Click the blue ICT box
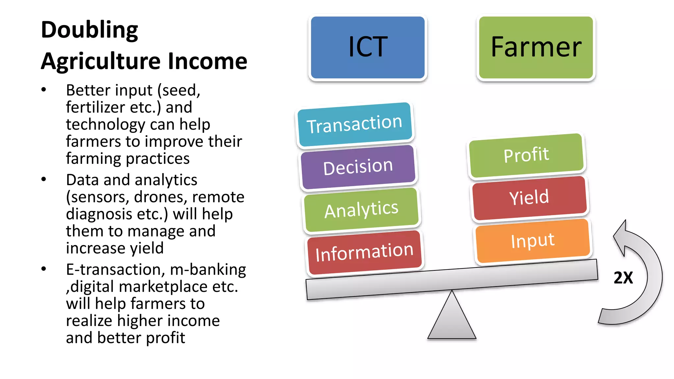coord(368,47)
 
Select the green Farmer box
coord(536,47)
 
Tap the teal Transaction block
coord(355,124)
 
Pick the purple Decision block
coord(358,167)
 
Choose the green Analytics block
coord(361,210)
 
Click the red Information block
coord(365,252)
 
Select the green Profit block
coord(526,155)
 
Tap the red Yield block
coord(529,197)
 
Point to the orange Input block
coord(532,240)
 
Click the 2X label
coord(623,278)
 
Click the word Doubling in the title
coord(90,30)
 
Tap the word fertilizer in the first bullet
coord(95,108)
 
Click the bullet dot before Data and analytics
coord(44,179)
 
